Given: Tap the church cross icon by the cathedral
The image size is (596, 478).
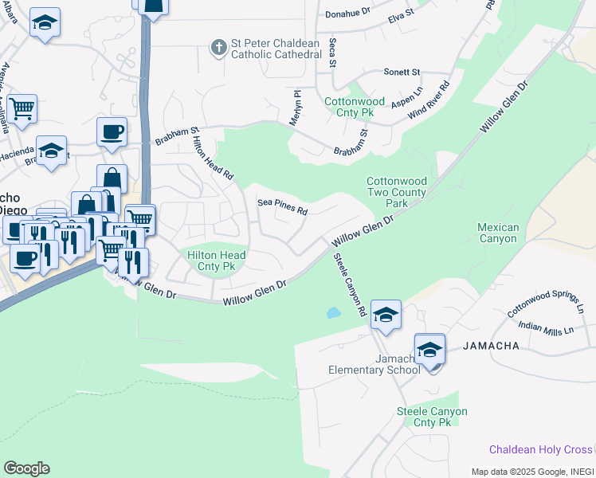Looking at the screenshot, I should [x=218, y=48].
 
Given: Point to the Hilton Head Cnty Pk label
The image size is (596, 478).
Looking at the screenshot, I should [x=216, y=261].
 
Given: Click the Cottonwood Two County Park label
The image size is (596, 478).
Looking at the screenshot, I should [x=397, y=192].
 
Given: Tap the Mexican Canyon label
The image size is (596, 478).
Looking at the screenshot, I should [x=498, y=233].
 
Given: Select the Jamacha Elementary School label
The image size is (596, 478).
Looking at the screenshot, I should [x=374, y=364].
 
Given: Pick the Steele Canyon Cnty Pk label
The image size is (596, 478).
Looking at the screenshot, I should [x=432, y=417].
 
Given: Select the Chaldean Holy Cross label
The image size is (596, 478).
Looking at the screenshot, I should [x=541, y=450].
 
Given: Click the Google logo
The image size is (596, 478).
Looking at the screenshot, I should [x=26, y=468].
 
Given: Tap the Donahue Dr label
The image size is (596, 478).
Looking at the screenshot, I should [x=348, y=14].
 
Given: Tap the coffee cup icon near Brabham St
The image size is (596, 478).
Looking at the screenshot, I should [x=112, y=131].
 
